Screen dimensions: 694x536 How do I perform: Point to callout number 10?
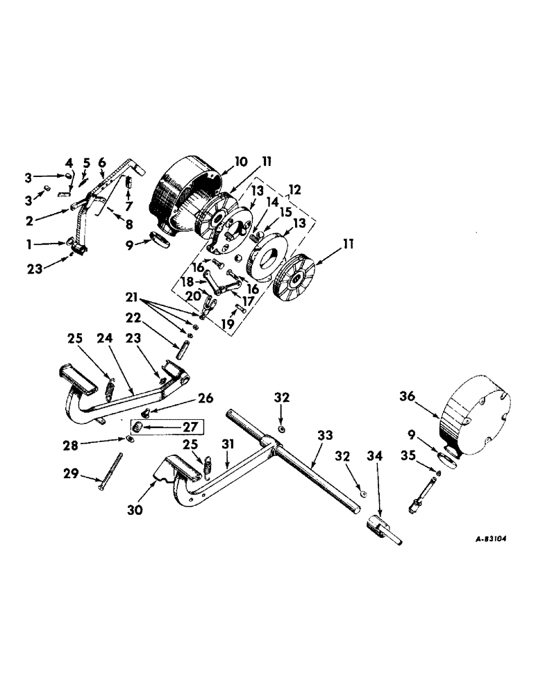(240, 162)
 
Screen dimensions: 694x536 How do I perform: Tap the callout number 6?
(102, 164)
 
